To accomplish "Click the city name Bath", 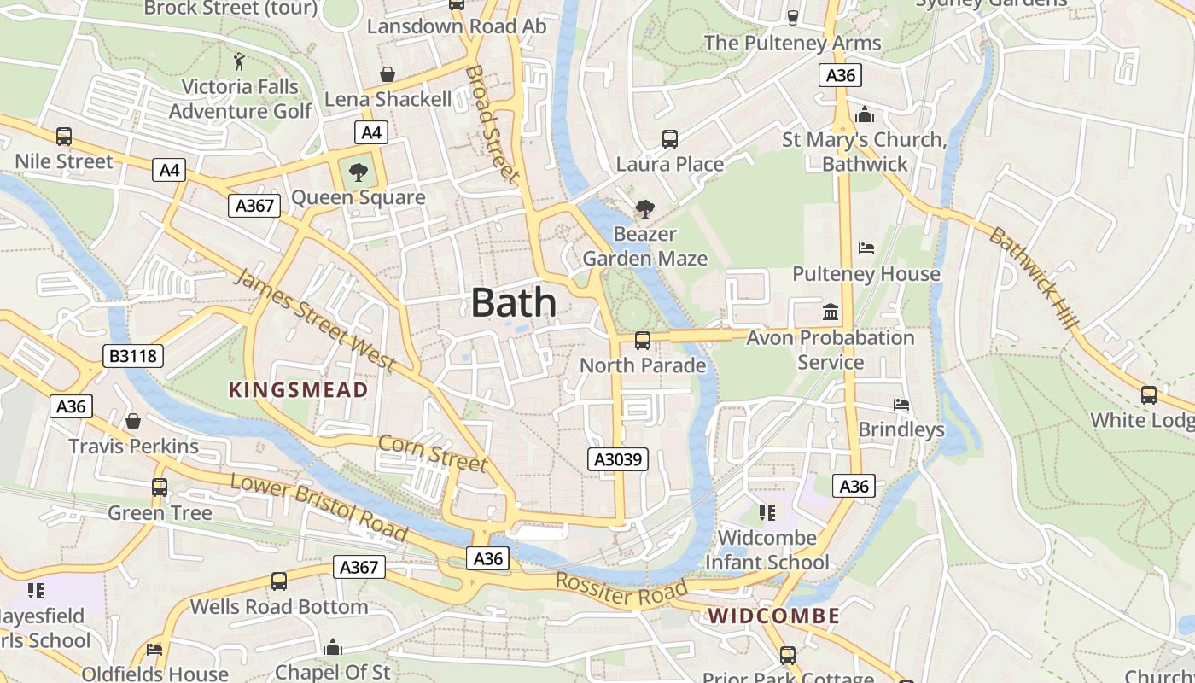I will (513, 303).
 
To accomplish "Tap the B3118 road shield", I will (133, 356).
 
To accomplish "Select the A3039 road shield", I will (619, 460).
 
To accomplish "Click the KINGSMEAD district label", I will (298, 390).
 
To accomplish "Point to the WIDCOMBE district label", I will (773, 616).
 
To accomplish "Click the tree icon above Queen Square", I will (358, 172).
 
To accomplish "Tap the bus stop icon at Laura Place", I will (670, 138).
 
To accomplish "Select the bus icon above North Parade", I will (643, 341).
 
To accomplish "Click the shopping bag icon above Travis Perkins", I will (133, 421).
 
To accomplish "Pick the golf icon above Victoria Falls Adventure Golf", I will (240, 61).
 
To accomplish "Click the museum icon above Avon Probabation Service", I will (831, 312).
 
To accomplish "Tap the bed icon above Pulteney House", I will (866, 249).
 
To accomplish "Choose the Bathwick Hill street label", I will (1034, 277).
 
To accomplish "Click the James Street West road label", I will (315, 320).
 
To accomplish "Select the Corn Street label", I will (432, 453).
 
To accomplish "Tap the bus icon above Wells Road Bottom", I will (279, 581).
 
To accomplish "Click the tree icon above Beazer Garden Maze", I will (645, 208).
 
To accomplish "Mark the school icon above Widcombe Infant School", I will (767, 513).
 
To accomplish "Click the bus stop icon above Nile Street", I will (64, 137).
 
